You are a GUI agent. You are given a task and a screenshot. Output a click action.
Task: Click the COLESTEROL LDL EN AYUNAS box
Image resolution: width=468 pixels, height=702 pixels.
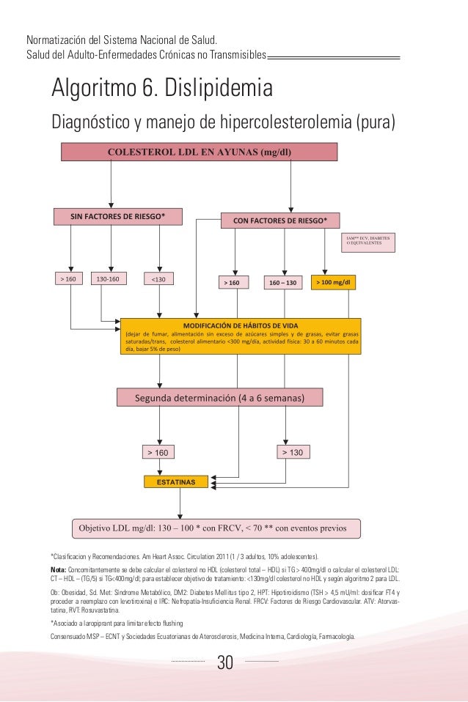point(198,152)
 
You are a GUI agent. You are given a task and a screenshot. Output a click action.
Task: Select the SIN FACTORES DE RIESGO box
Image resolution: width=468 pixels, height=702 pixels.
point(117,216)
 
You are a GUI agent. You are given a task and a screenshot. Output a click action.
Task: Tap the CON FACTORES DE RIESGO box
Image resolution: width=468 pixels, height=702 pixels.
point(280,218)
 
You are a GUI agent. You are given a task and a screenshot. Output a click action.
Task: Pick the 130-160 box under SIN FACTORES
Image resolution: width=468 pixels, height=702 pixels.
point(108,279)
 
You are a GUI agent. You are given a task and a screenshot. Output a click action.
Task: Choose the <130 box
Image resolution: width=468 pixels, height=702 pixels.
point(158,279)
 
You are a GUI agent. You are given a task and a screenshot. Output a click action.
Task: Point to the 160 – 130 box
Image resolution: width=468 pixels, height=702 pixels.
point(283,281)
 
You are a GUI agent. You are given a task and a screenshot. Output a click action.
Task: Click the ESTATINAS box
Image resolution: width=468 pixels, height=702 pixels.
point(175,482)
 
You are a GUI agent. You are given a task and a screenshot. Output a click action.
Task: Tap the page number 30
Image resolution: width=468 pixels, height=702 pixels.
point(224,664)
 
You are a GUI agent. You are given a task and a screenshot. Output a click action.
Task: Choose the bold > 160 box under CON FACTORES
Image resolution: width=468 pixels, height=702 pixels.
point(234,281)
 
